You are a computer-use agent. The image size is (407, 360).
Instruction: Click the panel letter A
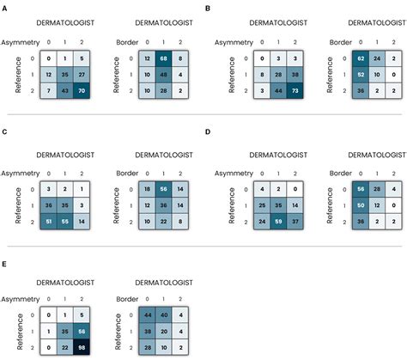(x=5, y=7)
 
